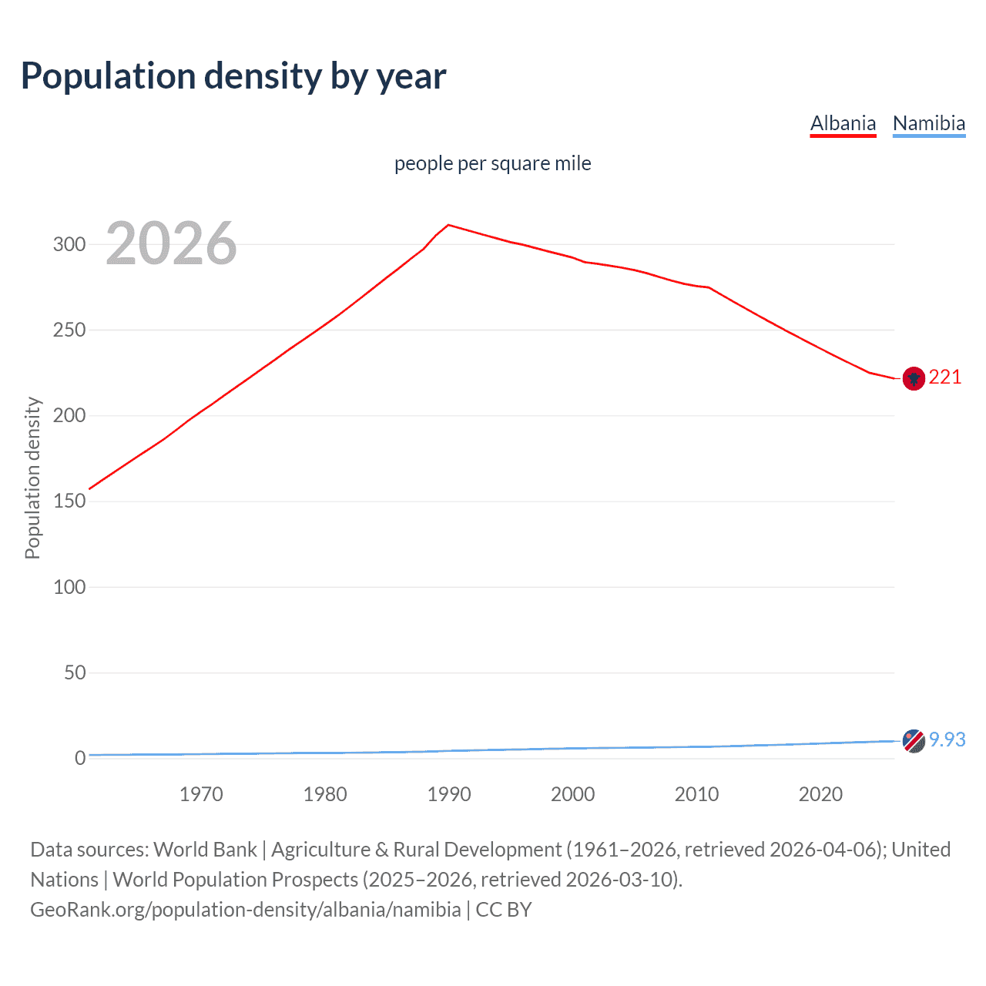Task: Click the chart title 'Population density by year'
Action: coord(233,76)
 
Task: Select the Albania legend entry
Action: coord(843,123)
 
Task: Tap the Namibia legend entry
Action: coord(928,123)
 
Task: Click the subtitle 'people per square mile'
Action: coord(492,163)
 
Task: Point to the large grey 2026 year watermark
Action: coord(171,243)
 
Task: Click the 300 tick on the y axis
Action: coord(69,244)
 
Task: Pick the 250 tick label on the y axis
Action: coord(69,330)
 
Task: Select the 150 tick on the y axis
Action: coord(69,501)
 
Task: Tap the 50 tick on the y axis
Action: coord(75,672)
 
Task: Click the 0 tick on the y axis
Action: coord(80,758)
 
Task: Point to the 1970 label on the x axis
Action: coord(201,794)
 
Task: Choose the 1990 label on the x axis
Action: coord(449,794)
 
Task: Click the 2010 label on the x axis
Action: coord(696,794)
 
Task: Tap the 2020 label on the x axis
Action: coord(820,794)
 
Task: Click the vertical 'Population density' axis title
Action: coord(32,478)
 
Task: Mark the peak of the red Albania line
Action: coord(449,225)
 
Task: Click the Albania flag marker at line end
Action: coord(914,378)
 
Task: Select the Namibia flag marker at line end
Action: coord(914,741)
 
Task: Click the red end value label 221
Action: coord(945,377)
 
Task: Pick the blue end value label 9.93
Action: coord(947,739)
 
